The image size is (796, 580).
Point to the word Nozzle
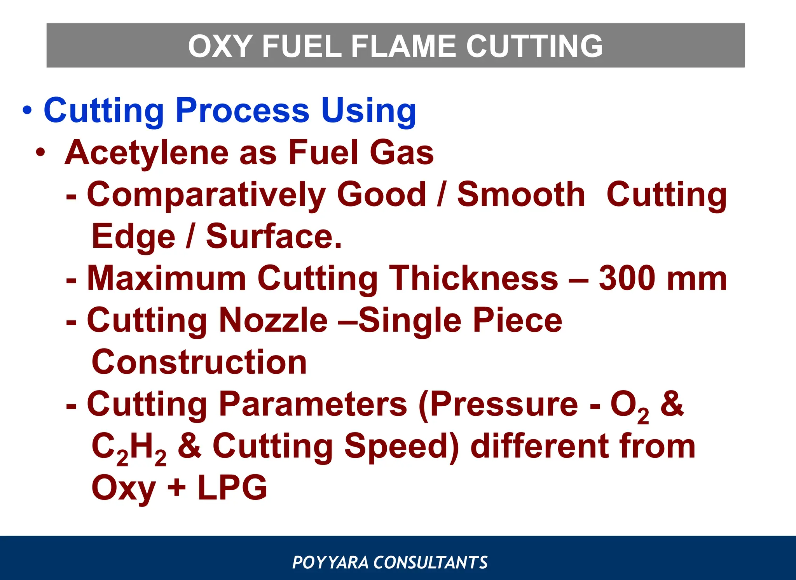click(273, 321)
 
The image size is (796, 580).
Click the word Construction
click(199, 362)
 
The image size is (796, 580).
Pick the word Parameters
click(313, 404)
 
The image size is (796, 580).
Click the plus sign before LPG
click(176, 488)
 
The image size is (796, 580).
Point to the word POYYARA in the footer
click(330, 562)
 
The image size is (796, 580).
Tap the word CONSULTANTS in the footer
click(430, 562)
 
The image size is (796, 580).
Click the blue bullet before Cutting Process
click(27, 110)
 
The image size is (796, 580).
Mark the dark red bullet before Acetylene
click(40, 152)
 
